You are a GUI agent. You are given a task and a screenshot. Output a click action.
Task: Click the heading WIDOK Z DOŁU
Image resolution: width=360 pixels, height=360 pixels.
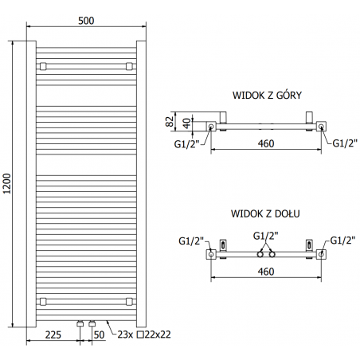[265, 214]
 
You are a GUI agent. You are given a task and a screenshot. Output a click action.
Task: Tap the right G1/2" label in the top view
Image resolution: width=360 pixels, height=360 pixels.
[344, 143]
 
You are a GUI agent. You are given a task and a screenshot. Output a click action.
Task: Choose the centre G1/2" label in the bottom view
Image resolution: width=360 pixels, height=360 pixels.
[265, 236]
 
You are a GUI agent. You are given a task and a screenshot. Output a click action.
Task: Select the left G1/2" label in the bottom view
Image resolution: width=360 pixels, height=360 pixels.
[191, 240]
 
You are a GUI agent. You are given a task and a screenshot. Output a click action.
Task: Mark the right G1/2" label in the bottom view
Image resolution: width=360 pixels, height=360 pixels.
[343, 240]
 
